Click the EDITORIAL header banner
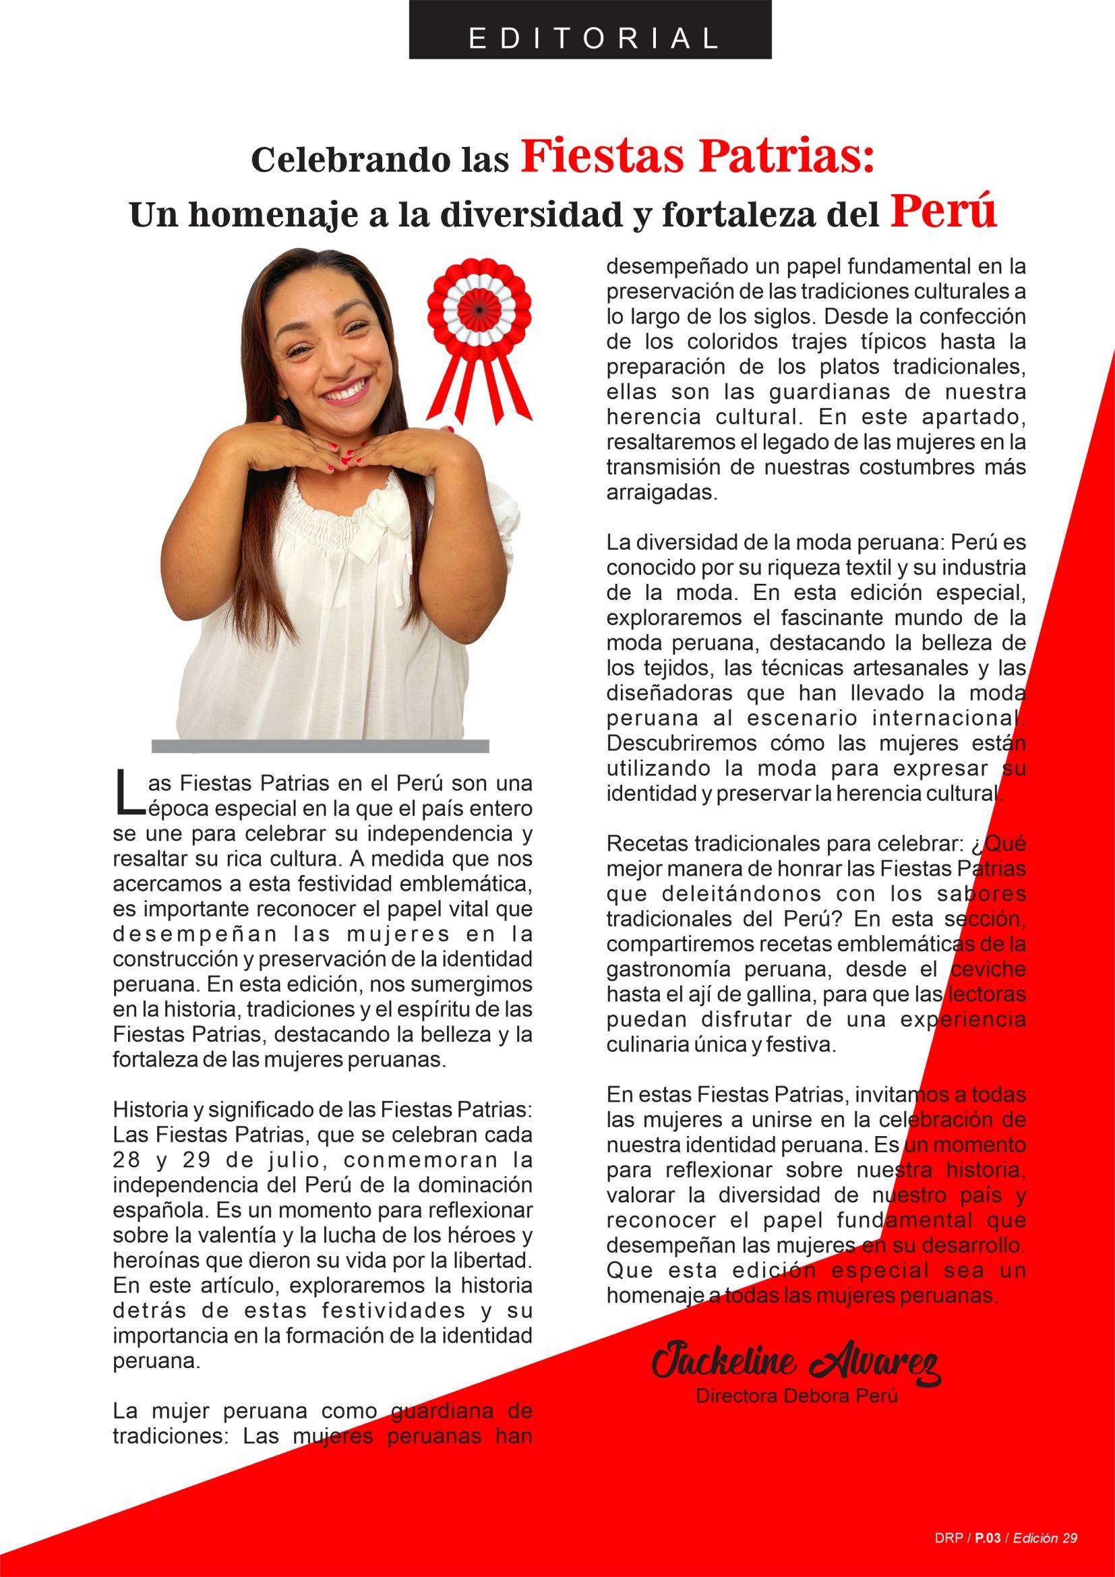[x=590, y=29]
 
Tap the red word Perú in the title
[x=944, y=213]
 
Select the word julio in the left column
[x=300, y=1160]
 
